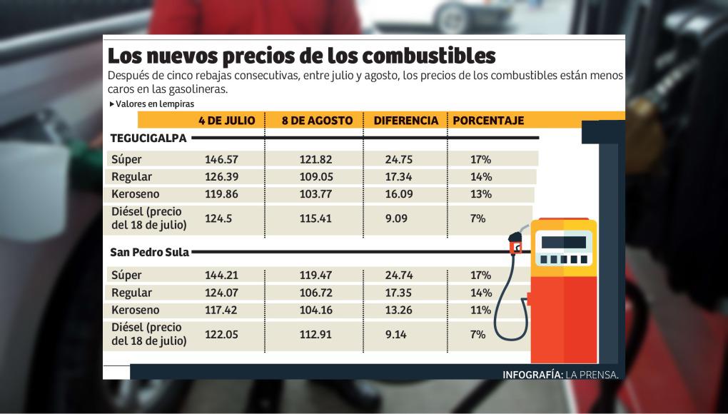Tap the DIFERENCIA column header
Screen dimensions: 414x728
point(406,121)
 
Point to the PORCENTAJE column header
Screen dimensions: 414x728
point(488,121)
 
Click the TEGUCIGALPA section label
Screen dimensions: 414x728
point(148,138)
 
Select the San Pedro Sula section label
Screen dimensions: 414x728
point(150,252)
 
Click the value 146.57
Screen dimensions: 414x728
point(221,159)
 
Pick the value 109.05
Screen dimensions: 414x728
point(315,176)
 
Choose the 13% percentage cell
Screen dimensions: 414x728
point(480,194)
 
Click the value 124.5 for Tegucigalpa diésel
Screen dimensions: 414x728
point(218,218)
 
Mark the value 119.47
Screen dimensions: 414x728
point(315,275)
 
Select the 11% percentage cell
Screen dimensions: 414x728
point(480,310)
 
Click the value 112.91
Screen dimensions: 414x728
point(315,333)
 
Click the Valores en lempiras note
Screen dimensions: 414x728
point(145,104)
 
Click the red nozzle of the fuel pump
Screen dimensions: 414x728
point(515,246)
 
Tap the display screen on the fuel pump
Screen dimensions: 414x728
point(567,242)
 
